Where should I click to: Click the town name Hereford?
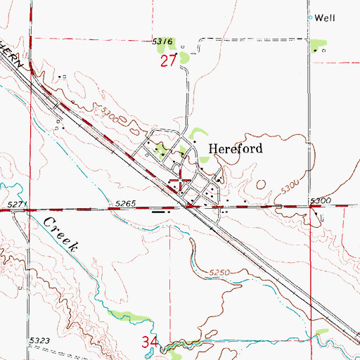(236, 148)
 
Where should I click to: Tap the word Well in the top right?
(323, 17)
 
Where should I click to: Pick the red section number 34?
(148, 343)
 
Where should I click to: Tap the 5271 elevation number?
(18, 204)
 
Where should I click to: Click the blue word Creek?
(63, 235)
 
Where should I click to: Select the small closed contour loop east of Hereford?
(262, 185)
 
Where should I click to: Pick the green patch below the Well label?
(317, 46)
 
